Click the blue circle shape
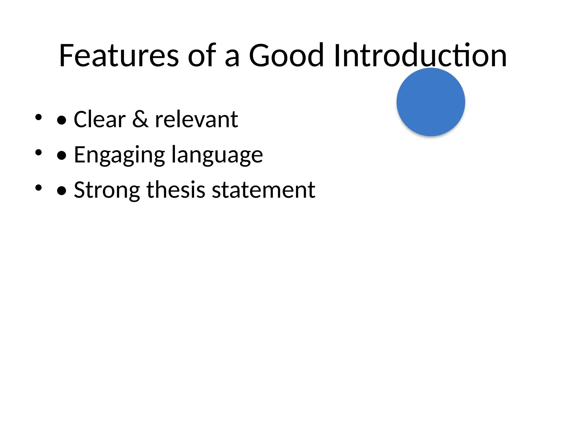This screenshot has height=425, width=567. pyautogui.click(x=431, y=102)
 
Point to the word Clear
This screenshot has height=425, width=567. pyautogui.click(x=100, y=119)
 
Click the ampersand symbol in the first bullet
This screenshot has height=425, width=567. pyautogui.click(x=140, y=119)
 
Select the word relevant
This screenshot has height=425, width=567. pyautogui.click(x=196, y=119)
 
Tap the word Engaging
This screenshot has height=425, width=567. pyautogui.click(x=119, y=155)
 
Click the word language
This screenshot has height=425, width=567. pyautogui.click(x=217, y=155)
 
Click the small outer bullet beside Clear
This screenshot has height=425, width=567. pyautogui.click(x=38, y=117)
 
